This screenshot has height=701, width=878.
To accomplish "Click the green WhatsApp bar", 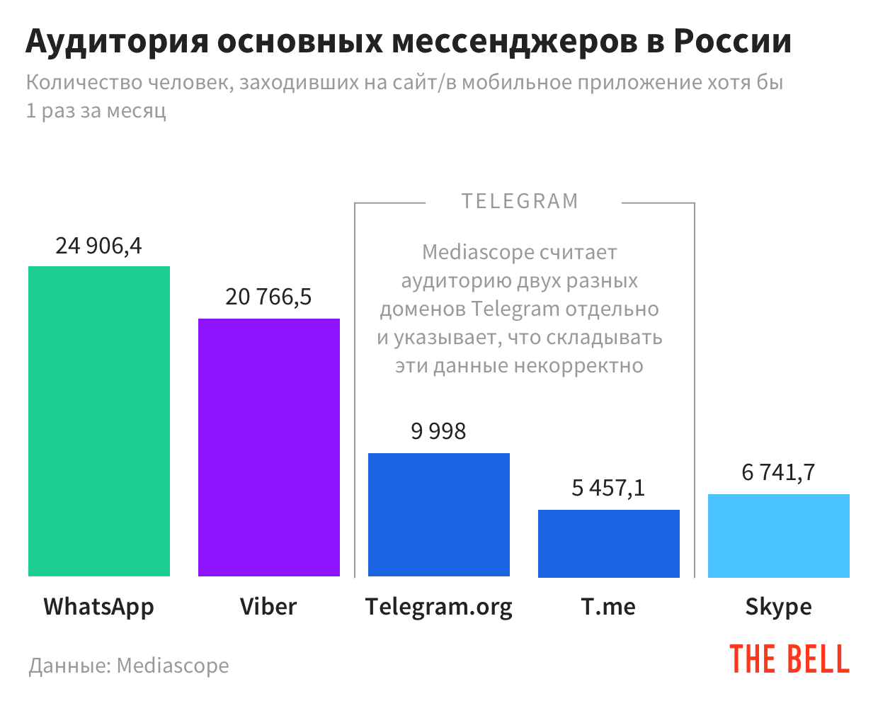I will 99,421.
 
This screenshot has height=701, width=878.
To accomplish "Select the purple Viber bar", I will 269,448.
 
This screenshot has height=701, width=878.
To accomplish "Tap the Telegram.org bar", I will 439,515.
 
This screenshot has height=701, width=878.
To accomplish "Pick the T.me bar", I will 609,543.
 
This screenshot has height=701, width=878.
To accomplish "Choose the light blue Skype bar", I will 779,535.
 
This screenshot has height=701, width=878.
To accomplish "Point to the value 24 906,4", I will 99,246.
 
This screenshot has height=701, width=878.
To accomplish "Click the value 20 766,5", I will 268,297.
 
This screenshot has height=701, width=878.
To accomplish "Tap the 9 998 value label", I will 438,431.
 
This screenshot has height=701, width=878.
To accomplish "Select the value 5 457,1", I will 608,488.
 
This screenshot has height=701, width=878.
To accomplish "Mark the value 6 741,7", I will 778,472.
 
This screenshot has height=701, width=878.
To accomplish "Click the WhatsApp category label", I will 99,607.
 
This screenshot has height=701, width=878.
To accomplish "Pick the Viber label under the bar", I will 268,607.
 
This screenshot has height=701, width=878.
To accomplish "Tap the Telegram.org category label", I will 439,608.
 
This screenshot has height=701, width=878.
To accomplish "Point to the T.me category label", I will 608,607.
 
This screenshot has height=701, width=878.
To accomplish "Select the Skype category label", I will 778,608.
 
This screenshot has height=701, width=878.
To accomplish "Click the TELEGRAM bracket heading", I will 520,202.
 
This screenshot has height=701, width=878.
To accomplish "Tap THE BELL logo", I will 789,659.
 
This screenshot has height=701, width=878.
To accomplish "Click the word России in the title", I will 732,42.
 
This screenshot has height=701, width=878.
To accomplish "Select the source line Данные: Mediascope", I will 129,666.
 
